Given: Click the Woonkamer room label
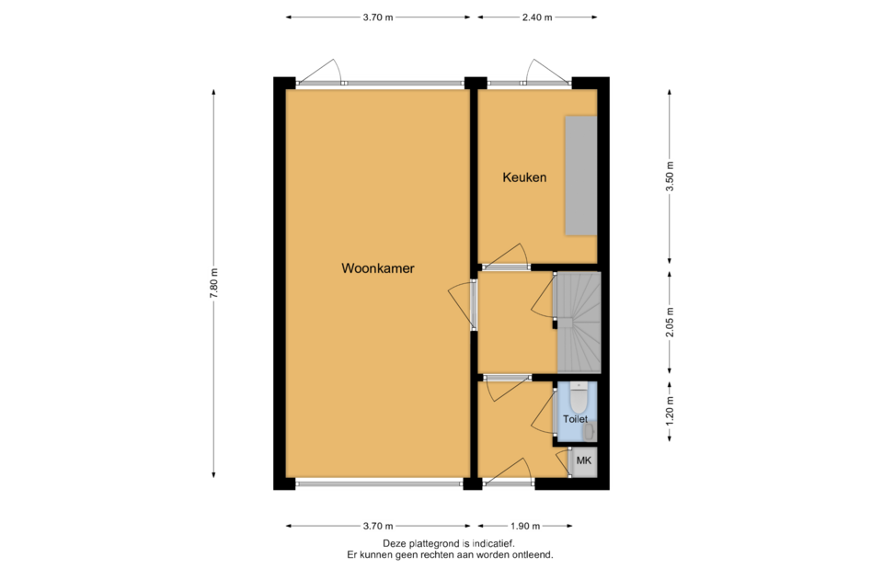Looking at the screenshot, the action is coord(377,268).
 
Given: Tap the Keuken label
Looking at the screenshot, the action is coord(524,177).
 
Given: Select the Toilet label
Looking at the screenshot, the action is coord(575,419).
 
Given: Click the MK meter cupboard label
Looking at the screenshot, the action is coord(584,460).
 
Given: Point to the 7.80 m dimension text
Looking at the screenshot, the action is coord(214,283).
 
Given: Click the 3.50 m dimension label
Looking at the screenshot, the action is coord(670,176).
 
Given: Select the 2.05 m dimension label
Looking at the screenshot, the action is coord(670,323).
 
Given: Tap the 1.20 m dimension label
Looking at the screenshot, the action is coord(670,411).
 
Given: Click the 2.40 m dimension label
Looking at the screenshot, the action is coord(536,17).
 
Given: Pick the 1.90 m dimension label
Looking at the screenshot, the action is coord(525,527).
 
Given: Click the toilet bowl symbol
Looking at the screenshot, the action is coord(579,397).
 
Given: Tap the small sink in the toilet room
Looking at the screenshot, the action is coord(589,432).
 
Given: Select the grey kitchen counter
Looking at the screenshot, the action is coord(580,176).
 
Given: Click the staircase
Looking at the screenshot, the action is coord(579,323).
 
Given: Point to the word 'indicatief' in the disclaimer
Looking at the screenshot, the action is coord(490,544).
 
